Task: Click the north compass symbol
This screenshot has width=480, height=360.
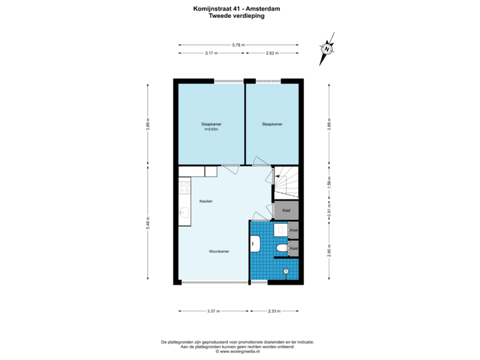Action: [327, 49]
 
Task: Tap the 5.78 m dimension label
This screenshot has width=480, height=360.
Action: [238, 45]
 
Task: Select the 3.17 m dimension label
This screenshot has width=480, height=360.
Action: [211, 53]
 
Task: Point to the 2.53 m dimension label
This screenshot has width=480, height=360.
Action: [272, 53]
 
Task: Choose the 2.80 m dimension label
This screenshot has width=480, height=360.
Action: [328, 251]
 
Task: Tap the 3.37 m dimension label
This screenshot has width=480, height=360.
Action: [213, 311]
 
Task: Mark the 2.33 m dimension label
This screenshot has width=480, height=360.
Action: [273, 311]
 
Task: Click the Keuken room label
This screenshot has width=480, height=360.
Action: [205, 201]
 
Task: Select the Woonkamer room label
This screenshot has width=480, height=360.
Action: [219, 251]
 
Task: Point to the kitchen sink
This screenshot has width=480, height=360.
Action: [183, 213]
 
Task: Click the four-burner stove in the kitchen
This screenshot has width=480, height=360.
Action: [183, 189]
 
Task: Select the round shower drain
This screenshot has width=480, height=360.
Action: [287, 271]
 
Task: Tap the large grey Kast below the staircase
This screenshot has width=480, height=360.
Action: [286, 210]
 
